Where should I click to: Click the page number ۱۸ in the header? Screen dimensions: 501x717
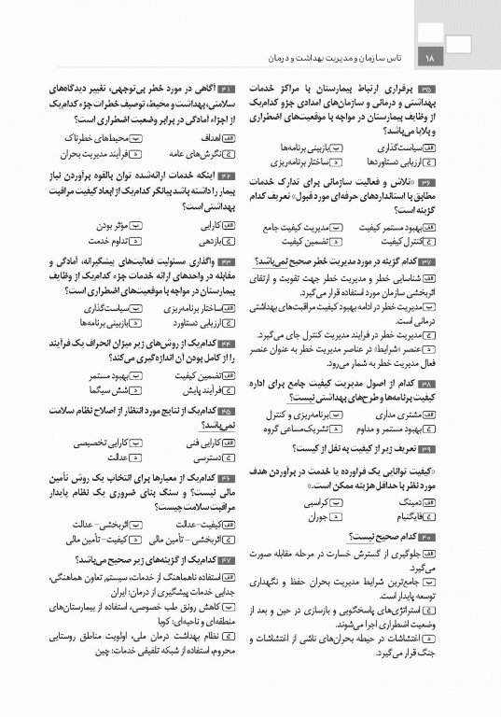tap(429, 57)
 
